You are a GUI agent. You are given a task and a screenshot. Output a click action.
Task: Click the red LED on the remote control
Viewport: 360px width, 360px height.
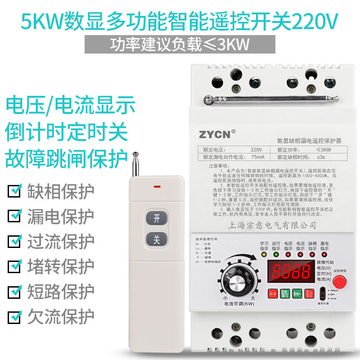(x=157, y=185)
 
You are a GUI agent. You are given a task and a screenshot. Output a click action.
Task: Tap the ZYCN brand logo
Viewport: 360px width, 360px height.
(x=215, y=134)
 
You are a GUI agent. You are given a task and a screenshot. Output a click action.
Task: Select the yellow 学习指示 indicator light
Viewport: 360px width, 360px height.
(x=264, y=254)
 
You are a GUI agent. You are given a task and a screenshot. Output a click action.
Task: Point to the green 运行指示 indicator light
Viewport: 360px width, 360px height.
(x=276, y=254)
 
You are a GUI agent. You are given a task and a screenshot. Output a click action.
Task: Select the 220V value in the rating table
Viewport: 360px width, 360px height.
(x=256, y=149)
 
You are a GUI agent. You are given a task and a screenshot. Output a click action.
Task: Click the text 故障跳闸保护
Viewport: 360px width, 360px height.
(x=67, y=157)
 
